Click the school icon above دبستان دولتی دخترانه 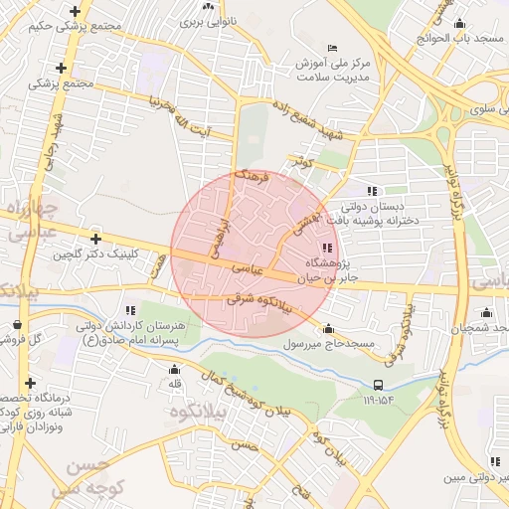click(x=371, y=191)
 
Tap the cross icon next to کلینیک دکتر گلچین click(x=95, y=239)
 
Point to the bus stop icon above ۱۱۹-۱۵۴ click(x=378, y=385)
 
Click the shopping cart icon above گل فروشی click(x=18, y=323)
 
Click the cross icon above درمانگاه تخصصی click(x=30, y=383)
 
